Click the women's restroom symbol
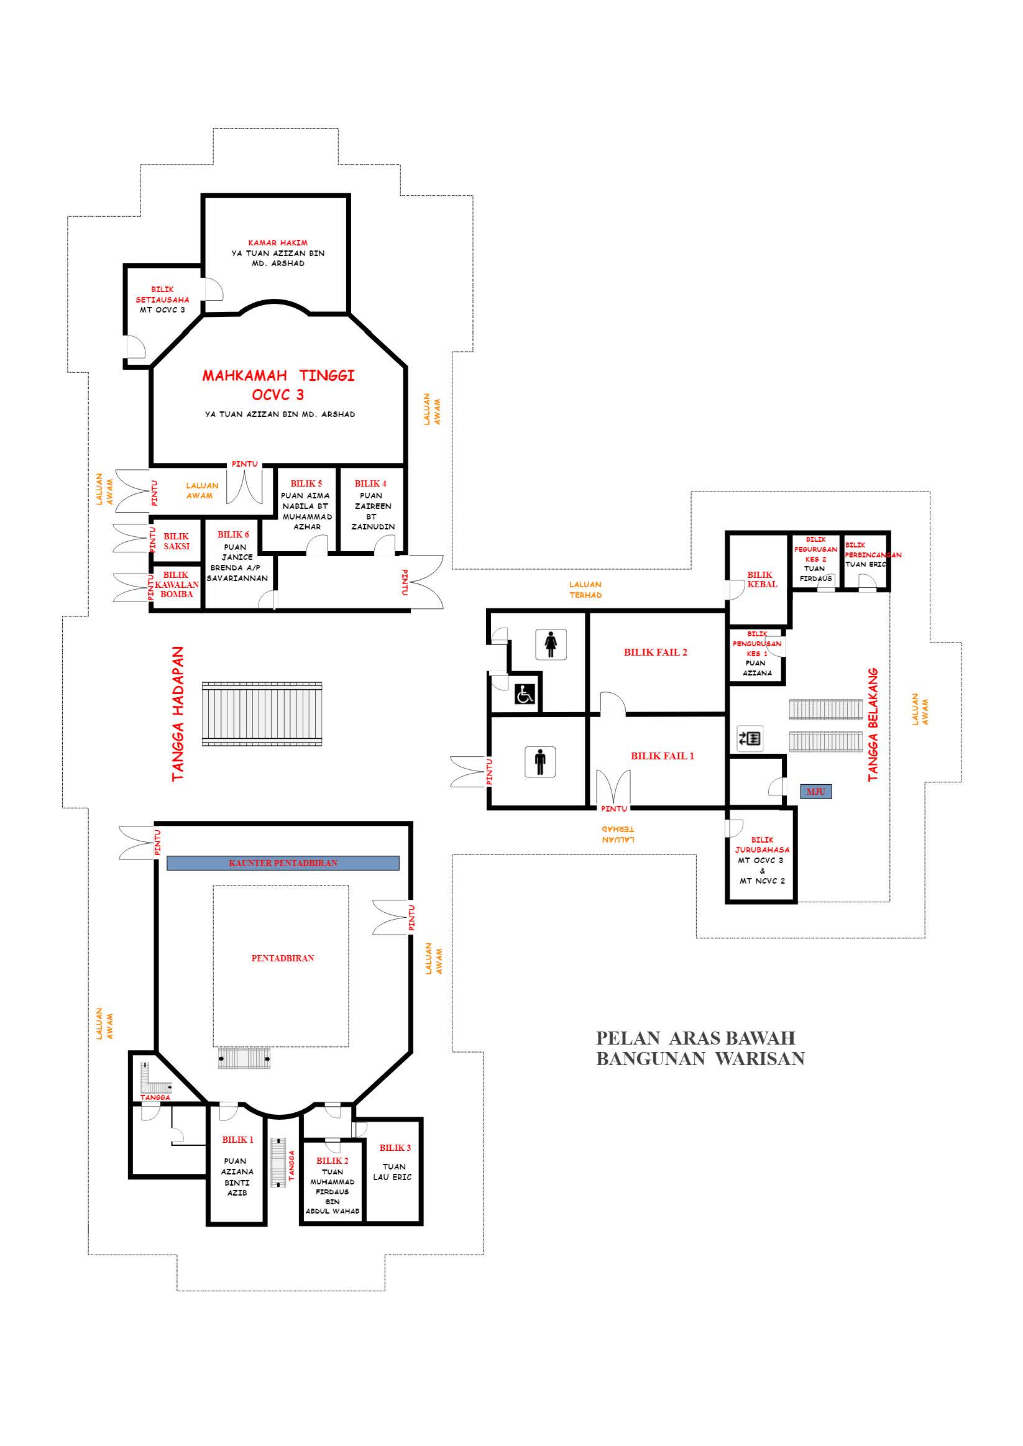tap(551, 644)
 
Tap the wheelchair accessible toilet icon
tap(525, 694)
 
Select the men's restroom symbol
tap(540, 761)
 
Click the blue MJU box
tap(816, 792)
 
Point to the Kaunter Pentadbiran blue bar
tap(283, 863)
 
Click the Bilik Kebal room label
tap(761, 579)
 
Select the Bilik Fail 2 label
tap(655, 652)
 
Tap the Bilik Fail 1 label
tap(662, 756)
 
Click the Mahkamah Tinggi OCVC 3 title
tap(278, 385)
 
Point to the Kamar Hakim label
tap(278, 242)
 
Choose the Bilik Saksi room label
tap(177, 541)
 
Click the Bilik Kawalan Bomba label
tap(177, 585)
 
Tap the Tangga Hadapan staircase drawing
tap(262, 714)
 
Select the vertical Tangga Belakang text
tap(873, 725)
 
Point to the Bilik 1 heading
tap(237, 1139)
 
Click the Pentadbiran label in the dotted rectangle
tap(282, 958)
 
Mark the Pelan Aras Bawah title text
tap(696, 1038)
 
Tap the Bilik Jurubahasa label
tap(762, 844)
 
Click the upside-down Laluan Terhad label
tap(618, 835)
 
